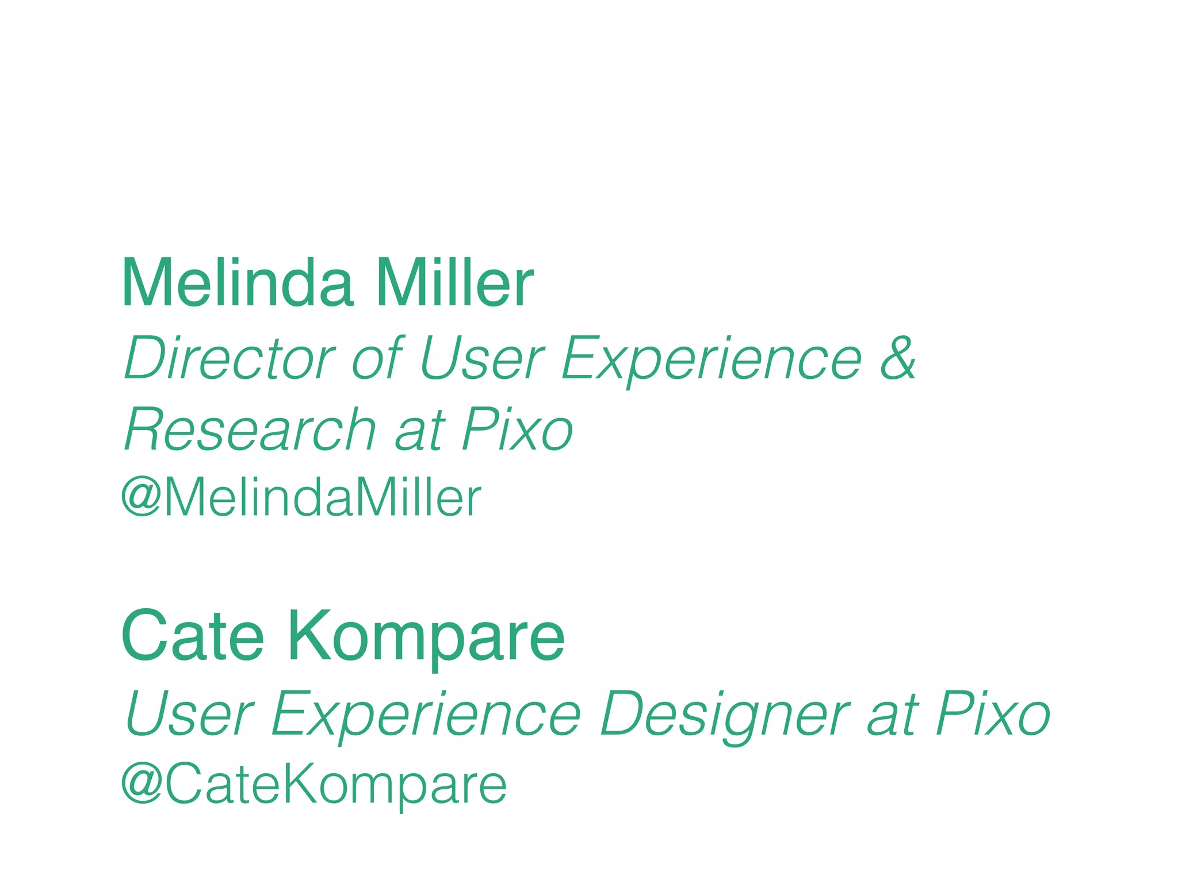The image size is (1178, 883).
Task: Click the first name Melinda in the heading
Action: pyautogui.click(x=237, y=283)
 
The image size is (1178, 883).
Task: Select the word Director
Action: pyautogui.click(x=230, y=359)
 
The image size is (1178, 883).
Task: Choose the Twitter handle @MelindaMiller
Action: pyautogui.click(x=301, y=498)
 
